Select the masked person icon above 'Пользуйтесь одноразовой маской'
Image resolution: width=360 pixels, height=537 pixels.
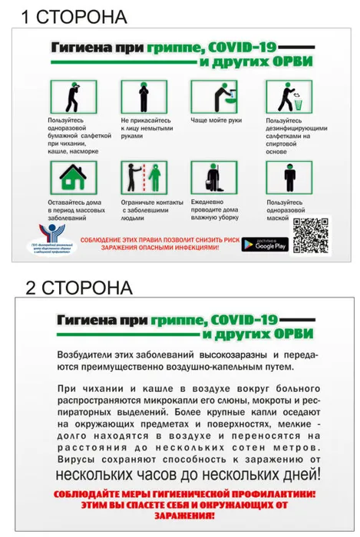point(289,177)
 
